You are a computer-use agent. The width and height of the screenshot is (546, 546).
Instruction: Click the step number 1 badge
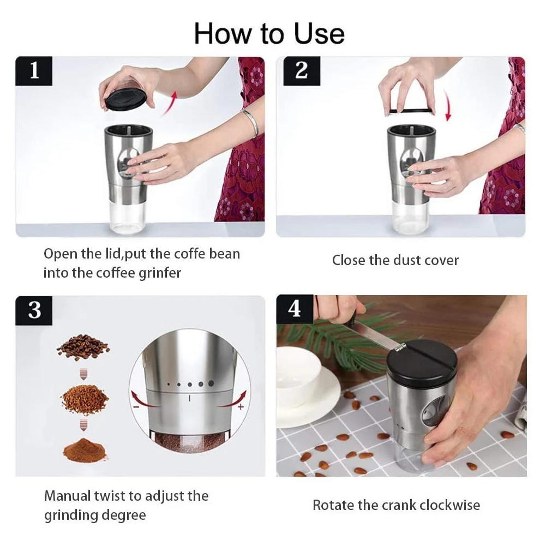point(34,71)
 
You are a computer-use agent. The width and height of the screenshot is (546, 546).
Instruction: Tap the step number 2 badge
point(302,71)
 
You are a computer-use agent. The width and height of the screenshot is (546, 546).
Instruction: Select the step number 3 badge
point(34,310)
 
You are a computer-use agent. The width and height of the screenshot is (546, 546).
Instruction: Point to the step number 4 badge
point(295,309)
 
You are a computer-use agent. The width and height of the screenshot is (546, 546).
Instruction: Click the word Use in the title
point(319,34)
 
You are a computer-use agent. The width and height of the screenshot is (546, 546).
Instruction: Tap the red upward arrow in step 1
point(170,103)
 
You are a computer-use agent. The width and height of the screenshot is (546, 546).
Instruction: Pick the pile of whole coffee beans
point(82,347)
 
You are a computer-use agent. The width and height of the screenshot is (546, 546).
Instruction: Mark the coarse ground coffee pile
point(84,399)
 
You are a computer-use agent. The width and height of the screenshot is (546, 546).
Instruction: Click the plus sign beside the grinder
point(241,407)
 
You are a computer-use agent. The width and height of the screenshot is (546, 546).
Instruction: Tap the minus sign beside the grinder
point(136,407)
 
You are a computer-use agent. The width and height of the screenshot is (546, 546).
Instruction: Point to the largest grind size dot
point(211,383)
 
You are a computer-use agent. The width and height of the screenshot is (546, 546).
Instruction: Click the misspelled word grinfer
point(160,273)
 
